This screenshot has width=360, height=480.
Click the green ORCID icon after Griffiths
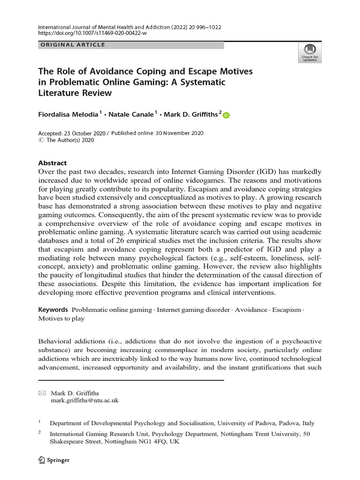226,115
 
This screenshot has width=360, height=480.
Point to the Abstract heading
52,163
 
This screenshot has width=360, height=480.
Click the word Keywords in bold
53,310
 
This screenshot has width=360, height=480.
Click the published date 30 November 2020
181,133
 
